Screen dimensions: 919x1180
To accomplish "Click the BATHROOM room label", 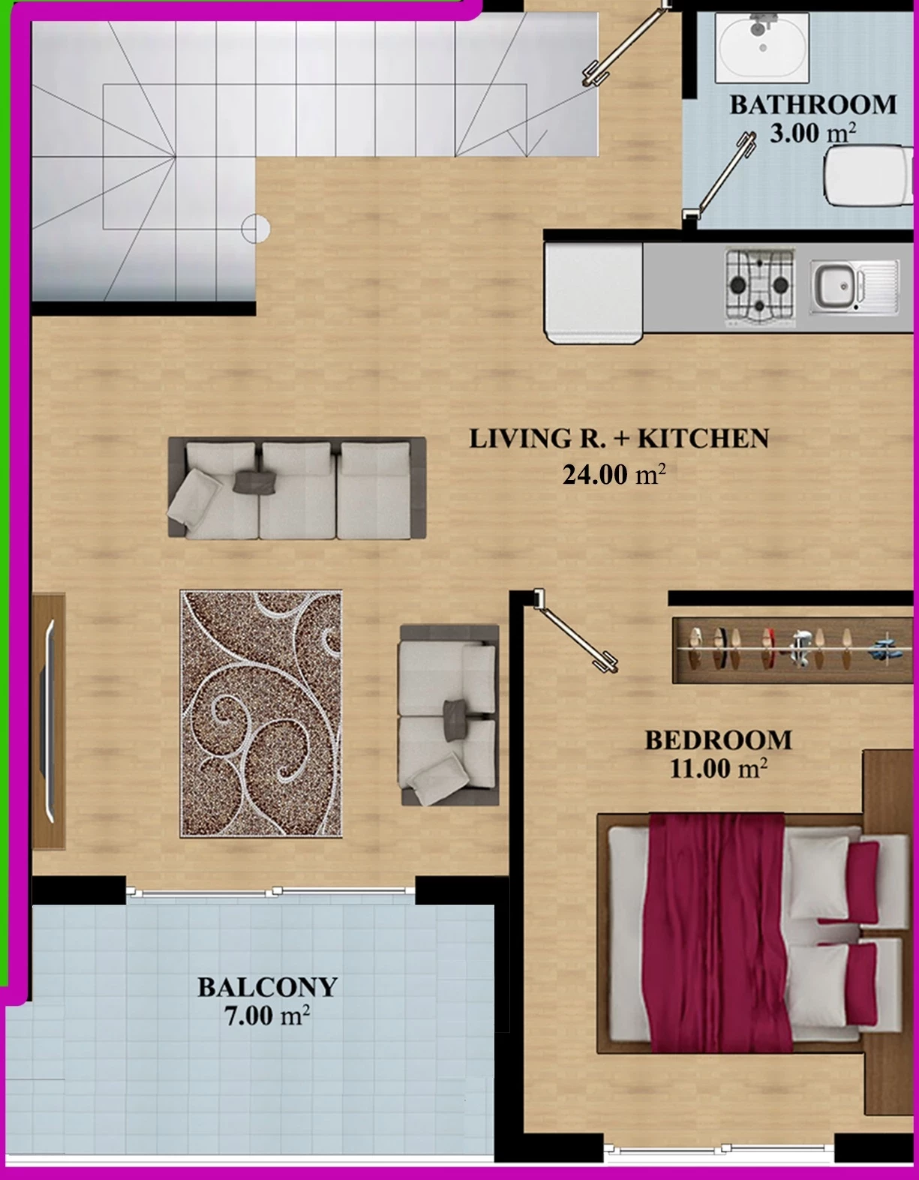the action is (812, 105).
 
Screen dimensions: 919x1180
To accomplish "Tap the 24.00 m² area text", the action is (614, 474).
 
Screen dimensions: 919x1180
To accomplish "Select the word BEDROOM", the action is (718, 740).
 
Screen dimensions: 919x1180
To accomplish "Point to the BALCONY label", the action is (267, 987).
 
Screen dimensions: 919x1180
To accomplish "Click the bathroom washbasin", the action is (762, 48).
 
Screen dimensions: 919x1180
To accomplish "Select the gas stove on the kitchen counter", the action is (760, 288).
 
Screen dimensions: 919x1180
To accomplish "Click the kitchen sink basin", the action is (854, 287).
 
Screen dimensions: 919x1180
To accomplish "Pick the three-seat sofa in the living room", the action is (297, 488).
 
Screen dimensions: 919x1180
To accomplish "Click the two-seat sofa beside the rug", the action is (449, 715).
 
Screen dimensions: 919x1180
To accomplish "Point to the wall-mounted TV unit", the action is (48, 721).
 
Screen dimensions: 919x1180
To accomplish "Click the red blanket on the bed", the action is (719, 932).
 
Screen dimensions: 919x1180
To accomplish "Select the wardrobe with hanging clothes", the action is (792, 650).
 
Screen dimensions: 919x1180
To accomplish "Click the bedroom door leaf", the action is (577, 633).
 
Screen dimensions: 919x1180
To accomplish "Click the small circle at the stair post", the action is (255, 229).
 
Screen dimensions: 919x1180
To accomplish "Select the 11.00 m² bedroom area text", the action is (719, 768).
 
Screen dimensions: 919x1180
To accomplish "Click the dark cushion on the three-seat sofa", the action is (255, 482).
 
